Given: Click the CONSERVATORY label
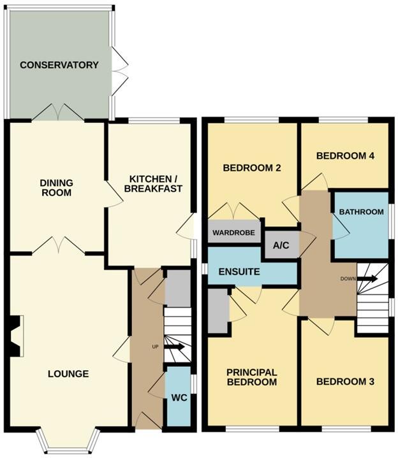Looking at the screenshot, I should click(59, 65).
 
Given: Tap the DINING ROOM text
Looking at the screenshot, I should click(56, 187).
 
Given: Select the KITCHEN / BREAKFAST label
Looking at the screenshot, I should click(156, 183).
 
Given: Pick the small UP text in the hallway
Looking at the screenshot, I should click(155, 347).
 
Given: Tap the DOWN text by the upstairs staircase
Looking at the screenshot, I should click(348, 279).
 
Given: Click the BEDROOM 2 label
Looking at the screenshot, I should click(252, 168).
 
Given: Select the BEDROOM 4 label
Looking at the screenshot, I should click(345, 155).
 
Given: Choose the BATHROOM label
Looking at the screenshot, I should click(361, 212).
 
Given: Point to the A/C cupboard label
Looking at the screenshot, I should click(281, 245).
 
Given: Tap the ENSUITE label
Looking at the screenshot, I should click(239, 272).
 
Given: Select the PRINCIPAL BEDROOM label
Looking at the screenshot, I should click(252, 377).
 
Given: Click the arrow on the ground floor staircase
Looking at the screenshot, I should click(174, 347).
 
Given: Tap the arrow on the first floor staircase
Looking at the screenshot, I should click(367, 278).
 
